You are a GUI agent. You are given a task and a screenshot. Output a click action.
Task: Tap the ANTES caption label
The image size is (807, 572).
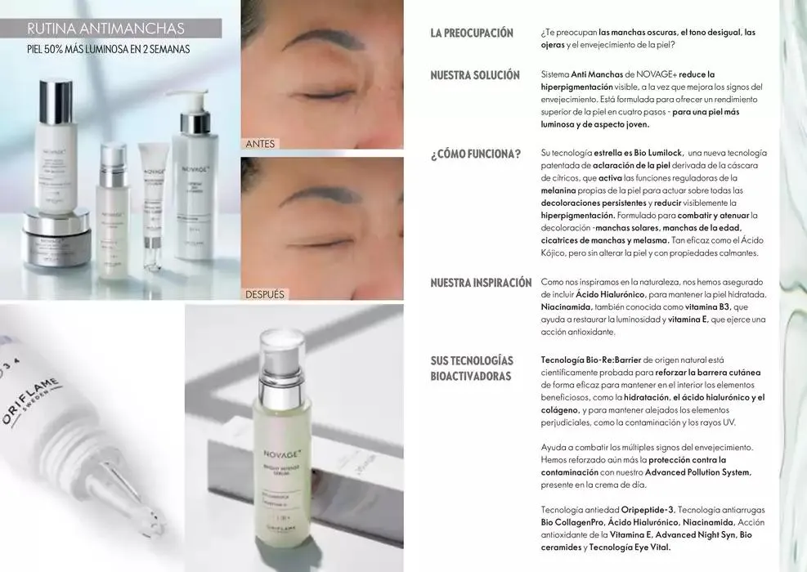tap(261, 144)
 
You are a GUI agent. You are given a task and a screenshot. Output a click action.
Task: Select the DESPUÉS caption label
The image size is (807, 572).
tap(265, 294)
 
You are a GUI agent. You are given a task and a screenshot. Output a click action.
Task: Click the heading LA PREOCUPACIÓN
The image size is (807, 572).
tap(472, 33)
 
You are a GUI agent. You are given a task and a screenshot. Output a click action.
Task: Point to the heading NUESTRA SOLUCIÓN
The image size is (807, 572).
tap(475, 75)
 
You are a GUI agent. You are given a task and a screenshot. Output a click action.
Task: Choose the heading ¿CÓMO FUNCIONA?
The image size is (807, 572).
tap(475, 154)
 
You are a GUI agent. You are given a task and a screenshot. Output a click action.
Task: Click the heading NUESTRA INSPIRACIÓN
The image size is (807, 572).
tap(481, 283)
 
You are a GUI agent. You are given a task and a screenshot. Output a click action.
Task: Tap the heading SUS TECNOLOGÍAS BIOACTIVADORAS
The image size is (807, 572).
tap(472, 368)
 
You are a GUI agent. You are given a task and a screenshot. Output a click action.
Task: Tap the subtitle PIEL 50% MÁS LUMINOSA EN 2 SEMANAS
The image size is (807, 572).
tap(108, 50)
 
